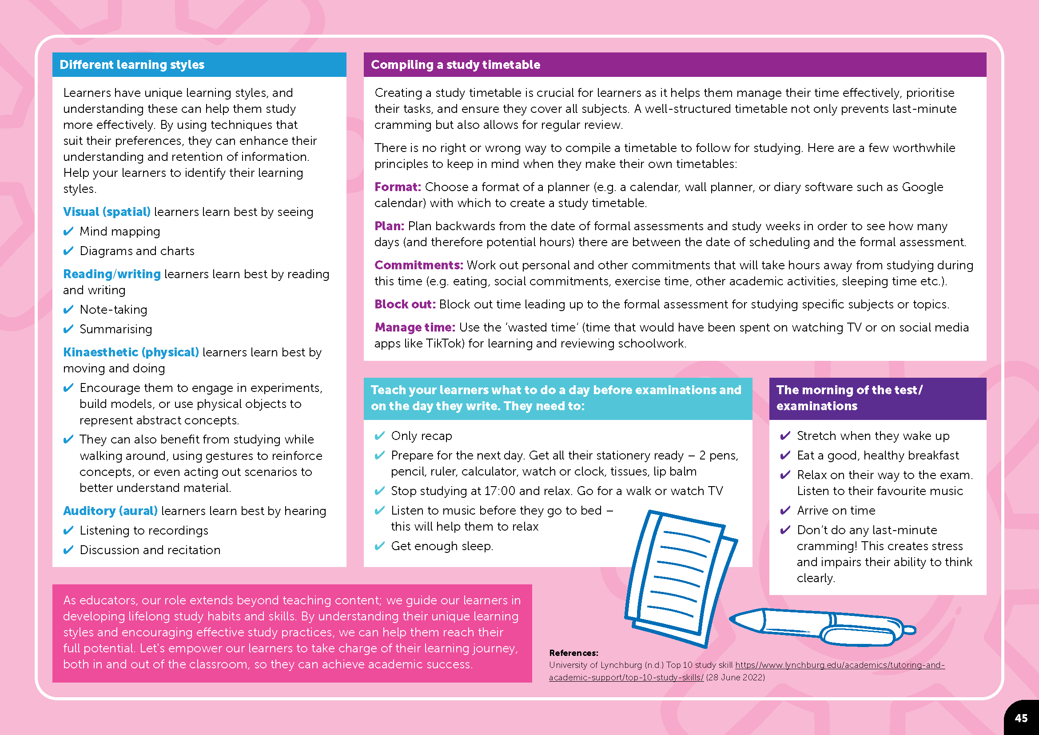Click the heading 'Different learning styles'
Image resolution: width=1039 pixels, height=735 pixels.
131,65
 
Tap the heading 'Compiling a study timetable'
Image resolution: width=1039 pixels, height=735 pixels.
455,65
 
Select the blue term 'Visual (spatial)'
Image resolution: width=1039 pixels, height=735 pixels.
107,212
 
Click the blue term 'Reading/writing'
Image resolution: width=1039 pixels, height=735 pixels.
112,274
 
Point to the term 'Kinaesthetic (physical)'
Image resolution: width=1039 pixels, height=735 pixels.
131,352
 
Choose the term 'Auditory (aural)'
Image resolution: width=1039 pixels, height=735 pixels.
111,511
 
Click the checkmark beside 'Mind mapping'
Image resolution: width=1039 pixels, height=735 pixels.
68,232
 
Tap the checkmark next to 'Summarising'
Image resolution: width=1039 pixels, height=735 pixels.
68,329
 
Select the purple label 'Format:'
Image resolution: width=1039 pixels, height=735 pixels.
397,187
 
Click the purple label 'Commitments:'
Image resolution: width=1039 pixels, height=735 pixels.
418,265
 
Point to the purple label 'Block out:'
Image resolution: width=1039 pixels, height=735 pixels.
405,304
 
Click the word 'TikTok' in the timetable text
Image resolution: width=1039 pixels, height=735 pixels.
445,344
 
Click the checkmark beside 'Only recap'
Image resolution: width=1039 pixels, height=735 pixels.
380,436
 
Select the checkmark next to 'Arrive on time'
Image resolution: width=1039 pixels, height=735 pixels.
785,511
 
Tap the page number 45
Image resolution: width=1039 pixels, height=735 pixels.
1021,718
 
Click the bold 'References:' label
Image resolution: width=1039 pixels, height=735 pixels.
573,653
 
